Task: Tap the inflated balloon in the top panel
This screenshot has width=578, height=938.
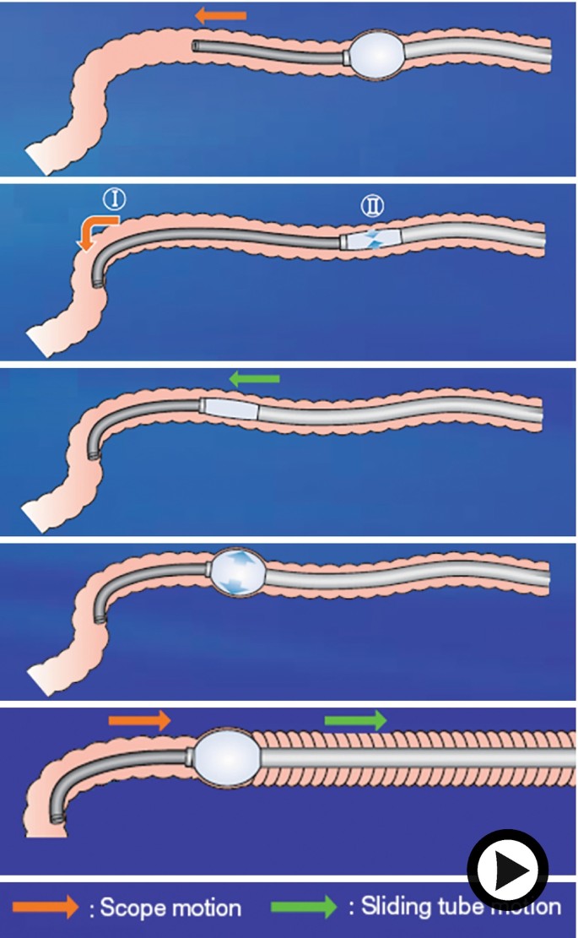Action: (x=377, y=56)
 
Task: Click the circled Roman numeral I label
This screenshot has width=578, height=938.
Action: (x=114, y=200)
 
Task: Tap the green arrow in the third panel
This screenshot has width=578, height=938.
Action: (x=254, y=380)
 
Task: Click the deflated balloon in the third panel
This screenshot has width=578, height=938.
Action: (x=230, y=410)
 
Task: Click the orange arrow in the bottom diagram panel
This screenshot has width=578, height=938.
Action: (x=139, y=720)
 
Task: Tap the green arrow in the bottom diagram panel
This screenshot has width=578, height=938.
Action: (x=355, y=720)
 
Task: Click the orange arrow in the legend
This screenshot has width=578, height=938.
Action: (x=47, y=908)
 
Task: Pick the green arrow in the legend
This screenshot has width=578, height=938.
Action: (x=303, y=908)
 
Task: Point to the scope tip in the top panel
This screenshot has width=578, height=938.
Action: (x=196, y=46)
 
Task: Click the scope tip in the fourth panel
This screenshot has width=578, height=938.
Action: (x=102, y=619)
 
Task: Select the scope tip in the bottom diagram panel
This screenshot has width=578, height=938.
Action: (x=58, y=816)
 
